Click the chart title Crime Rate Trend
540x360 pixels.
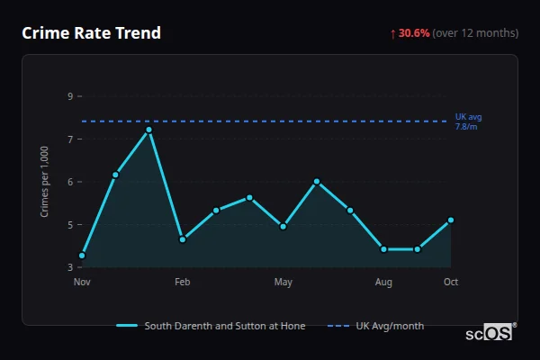tap(92, 33)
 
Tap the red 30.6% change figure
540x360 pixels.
tap(414, 33)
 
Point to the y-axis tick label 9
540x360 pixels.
tap(70, 96)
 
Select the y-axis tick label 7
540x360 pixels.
tap(70, 139)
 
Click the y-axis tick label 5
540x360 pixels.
tap(70, 225)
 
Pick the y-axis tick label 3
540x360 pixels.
tap(70, 267)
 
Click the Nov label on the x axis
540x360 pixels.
tap(82, 283)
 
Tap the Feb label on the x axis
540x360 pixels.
tap(182, 283)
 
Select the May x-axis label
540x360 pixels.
tap(283, 283)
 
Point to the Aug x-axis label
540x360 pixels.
tap(383, 283)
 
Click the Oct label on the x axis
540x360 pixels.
tap(451, 283)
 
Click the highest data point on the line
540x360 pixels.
tap(149, 130)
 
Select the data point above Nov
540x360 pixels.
tap(82, 256)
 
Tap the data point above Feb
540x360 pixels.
tap(183, 239)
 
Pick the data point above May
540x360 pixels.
tap(283, 227)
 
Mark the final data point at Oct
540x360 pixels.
tap(451, 220)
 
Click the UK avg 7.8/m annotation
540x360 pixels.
tap(468, 121)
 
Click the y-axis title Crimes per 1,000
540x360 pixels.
tap(44, 182)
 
